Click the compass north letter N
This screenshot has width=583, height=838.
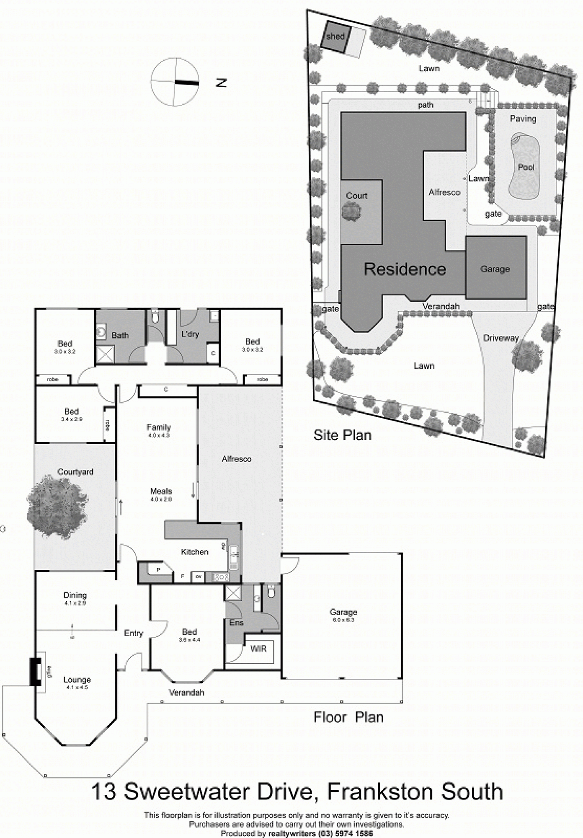tap(221, 83)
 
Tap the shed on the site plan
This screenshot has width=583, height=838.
tap(335, 37)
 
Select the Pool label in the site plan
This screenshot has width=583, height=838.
tap(526, 167)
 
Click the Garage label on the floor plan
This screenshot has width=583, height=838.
tap(343, 612)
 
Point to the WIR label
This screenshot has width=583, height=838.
tap(258, 649)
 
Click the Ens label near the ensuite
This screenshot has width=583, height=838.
tap(236, 623)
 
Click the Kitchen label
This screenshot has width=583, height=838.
tap(194, 552)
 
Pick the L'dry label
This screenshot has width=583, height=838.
tap(190, 334)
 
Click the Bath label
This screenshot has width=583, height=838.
tap(120, 335)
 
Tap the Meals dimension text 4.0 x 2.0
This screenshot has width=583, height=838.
tap(161, 499)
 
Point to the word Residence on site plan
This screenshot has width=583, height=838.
tap(405, 269)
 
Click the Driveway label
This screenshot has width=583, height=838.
tap(500, 338)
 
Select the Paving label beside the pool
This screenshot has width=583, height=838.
tap(523, 119)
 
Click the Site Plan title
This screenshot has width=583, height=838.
tap(342, 435)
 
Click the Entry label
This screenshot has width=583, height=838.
tap(134, 633)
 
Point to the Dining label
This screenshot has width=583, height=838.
tap(75, 595)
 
